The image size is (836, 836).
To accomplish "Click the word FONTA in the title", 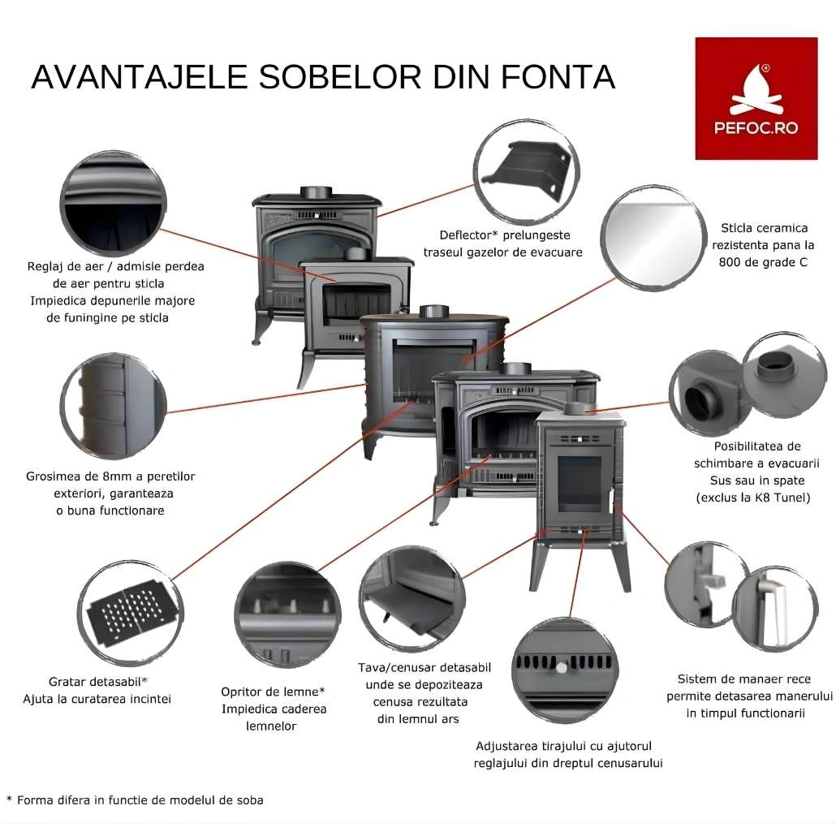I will point(561,77).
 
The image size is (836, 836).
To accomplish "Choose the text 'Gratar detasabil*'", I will point(97,680).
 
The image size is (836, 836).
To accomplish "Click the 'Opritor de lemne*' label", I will point(273,692).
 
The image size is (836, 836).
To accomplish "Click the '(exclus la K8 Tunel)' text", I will point(753,498).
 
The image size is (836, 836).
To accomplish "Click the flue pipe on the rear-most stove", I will point(316,192).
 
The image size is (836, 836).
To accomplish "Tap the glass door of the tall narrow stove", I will point(580,481).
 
